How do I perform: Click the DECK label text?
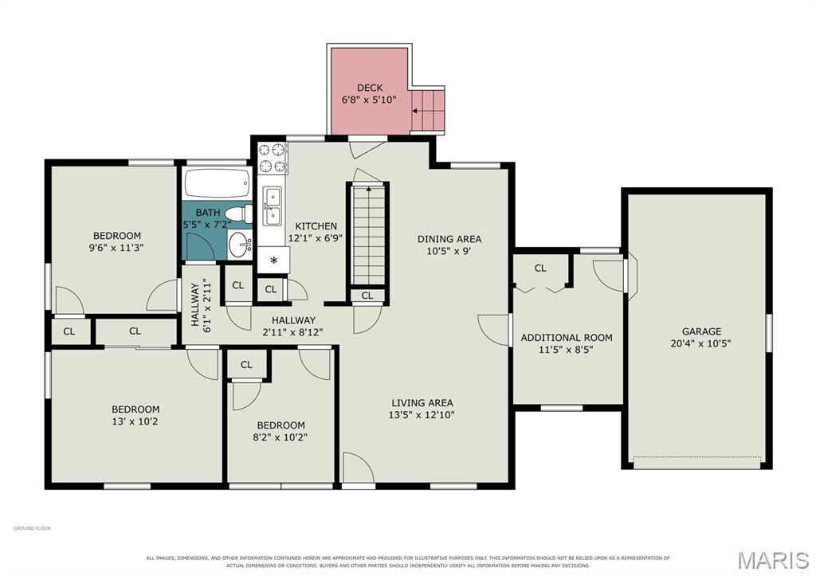[370, 88]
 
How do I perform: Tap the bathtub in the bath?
[217, 183]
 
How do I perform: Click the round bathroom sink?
[241, 245]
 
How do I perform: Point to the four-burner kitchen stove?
[273, 159]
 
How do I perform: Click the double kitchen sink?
[273, 206]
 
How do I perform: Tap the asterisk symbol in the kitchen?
[273, 261]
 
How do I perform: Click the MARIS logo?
[773, 560]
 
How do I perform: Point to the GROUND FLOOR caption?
[32, 528]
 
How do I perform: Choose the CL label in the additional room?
[540, 268]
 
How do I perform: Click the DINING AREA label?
[449, 239]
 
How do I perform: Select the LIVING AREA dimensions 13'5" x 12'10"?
[422, 415]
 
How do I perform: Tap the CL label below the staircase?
[367, 296]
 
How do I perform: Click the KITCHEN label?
[316, 226]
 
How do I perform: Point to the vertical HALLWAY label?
[195, 304]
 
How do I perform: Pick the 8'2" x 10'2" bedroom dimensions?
[280, 437]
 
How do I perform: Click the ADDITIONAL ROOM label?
[567, 338]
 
